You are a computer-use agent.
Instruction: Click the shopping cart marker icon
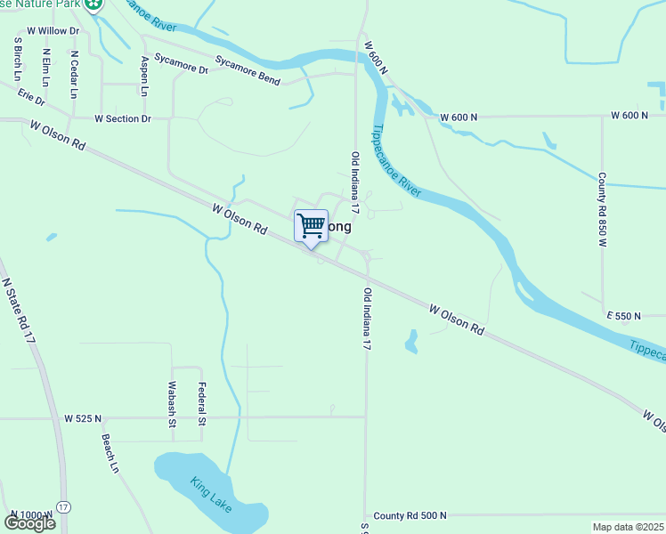click(311, 225)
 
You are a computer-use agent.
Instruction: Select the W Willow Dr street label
click(53, 30)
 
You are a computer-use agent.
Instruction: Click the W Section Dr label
click(123, 118)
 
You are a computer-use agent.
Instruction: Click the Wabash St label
click(172, 405)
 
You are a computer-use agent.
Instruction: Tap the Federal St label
click(202, 404)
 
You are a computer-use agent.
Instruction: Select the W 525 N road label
click(83, 417)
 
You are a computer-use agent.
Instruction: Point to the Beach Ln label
click(110, 453)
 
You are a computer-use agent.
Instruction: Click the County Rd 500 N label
click(410, 515)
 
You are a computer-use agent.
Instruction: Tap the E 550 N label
click(624, 316)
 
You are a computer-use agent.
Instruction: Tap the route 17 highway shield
click(62, 507)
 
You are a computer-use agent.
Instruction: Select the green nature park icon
click(93, 4)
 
